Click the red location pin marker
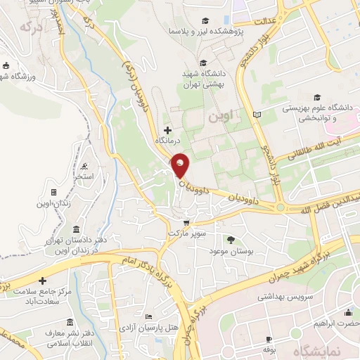pos(181,166)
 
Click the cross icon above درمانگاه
pos(167,129)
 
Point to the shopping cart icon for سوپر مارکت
pos(186,222)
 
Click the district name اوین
pos(224,115)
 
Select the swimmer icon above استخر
pos(84,167)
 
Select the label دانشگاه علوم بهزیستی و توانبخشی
pos(315,113)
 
